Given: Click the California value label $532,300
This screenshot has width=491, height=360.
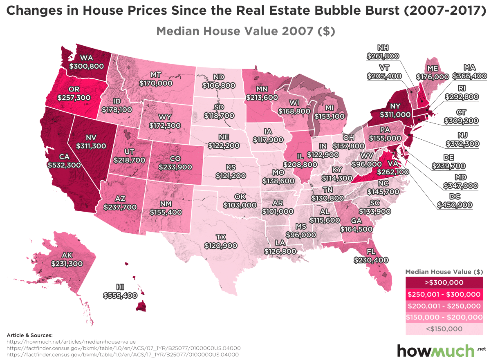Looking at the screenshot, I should [x=64, y=165].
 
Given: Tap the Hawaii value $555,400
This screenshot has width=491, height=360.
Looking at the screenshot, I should [x=120, y=295].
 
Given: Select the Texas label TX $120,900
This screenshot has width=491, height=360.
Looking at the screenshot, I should [x=221, y=241].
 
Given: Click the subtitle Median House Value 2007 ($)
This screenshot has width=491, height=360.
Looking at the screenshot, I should [x=246, y=31].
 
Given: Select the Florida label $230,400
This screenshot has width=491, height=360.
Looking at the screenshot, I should [x=371, y=259].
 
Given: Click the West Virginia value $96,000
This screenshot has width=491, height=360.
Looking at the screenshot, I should [x=365, y=163].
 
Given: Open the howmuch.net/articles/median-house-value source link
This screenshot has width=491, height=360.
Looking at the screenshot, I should [x=71, y=341].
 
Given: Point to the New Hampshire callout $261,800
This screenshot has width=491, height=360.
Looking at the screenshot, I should [x=383, y=56].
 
